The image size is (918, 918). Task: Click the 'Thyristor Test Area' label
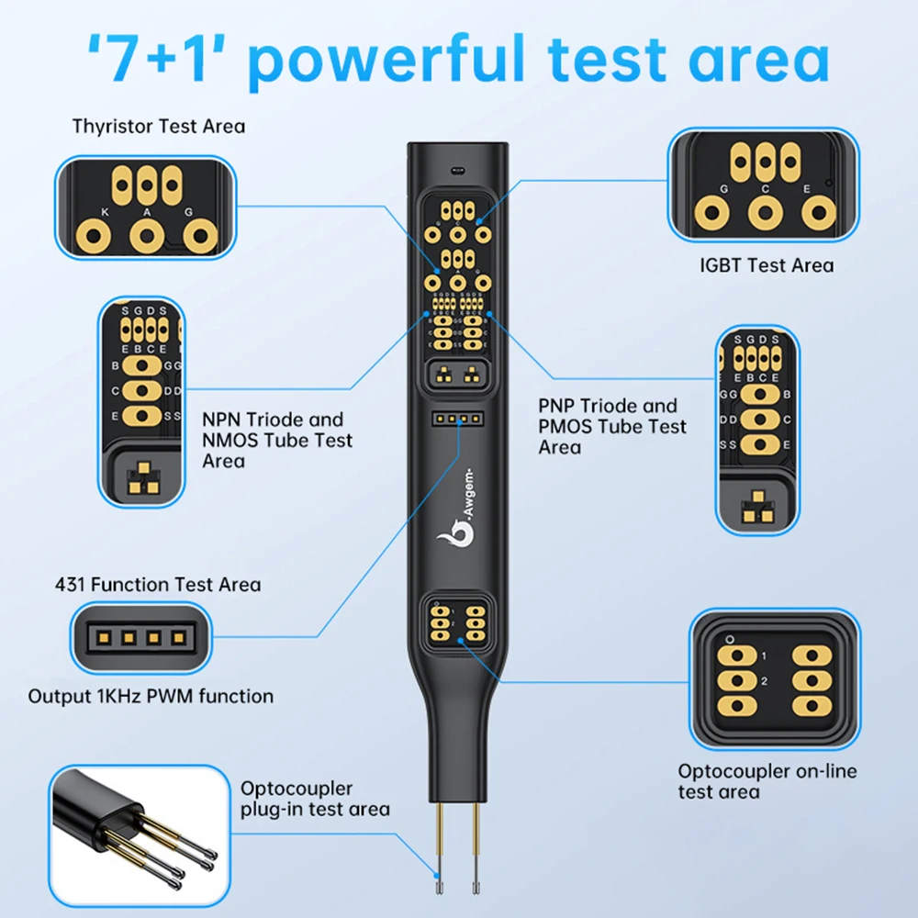pyautogui.click(x=159, y=126)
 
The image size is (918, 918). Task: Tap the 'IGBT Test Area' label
pyautogui.click(x=767, y=265)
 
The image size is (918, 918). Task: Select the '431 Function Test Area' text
pyautogui.click(x=158, y=585)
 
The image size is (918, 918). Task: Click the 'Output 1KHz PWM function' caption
pyautogui.click(x=151, y=696)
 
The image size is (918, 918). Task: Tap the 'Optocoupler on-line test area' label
pyautogui.click(x=767, y=781)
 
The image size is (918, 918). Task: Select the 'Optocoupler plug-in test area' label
pyautogui.click(x=314, y=799)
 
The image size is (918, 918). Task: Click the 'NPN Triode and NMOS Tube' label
pyautogui.click(x=277, y=440)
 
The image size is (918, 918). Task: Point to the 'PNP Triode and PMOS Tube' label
pyautogui.click(x=611, y=426)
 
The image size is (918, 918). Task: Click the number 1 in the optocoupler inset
pyautogui.click(x=763, y=656)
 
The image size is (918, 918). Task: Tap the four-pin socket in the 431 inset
pyautogui.click(x=141, y=636)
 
